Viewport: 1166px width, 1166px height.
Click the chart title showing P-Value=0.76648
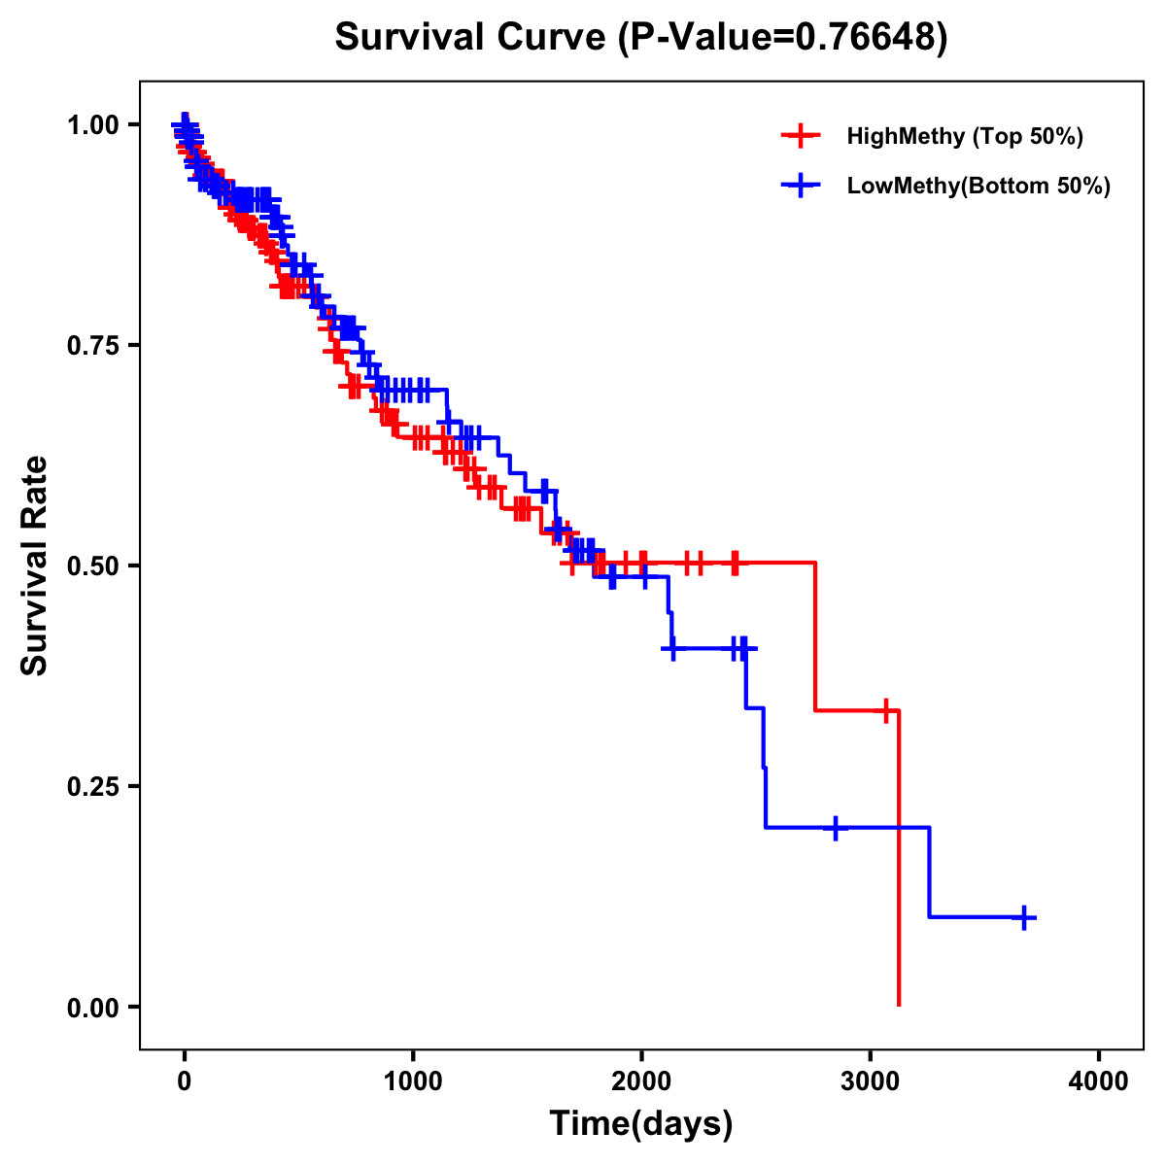[x=641, y=37]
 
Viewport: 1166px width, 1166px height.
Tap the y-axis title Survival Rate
[x=35, y=566]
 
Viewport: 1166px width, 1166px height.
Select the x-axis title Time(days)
[x=641, y=1123]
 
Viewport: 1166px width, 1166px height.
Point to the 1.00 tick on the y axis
[x=92, y=124]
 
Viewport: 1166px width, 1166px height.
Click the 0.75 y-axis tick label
[x=92, y=345]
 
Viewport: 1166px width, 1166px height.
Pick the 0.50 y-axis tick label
[x=92, y=566]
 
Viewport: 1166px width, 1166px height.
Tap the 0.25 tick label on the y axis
[x=92, y=786]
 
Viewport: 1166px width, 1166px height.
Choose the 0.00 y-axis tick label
[x=92, y=1007]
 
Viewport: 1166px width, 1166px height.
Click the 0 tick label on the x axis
[x=185, y=1081]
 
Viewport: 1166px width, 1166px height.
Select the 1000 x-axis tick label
[x=413, y=1081]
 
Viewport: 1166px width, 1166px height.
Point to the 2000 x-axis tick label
[x=641, y=1081]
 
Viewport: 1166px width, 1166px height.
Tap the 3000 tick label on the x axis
[x=871, y=1081]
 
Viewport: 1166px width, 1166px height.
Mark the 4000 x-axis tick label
[x=1099, y=1081]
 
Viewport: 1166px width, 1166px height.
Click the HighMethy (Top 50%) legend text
[x=965, y=136]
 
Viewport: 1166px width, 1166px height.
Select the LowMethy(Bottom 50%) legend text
[x=978, y=186]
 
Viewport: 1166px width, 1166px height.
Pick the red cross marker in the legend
[x=800, y=136]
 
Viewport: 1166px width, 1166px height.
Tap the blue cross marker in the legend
[x=800, y=186]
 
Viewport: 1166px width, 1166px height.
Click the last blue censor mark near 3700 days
[x=1024, y=917]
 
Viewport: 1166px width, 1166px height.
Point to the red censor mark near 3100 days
[x=885, y=710]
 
